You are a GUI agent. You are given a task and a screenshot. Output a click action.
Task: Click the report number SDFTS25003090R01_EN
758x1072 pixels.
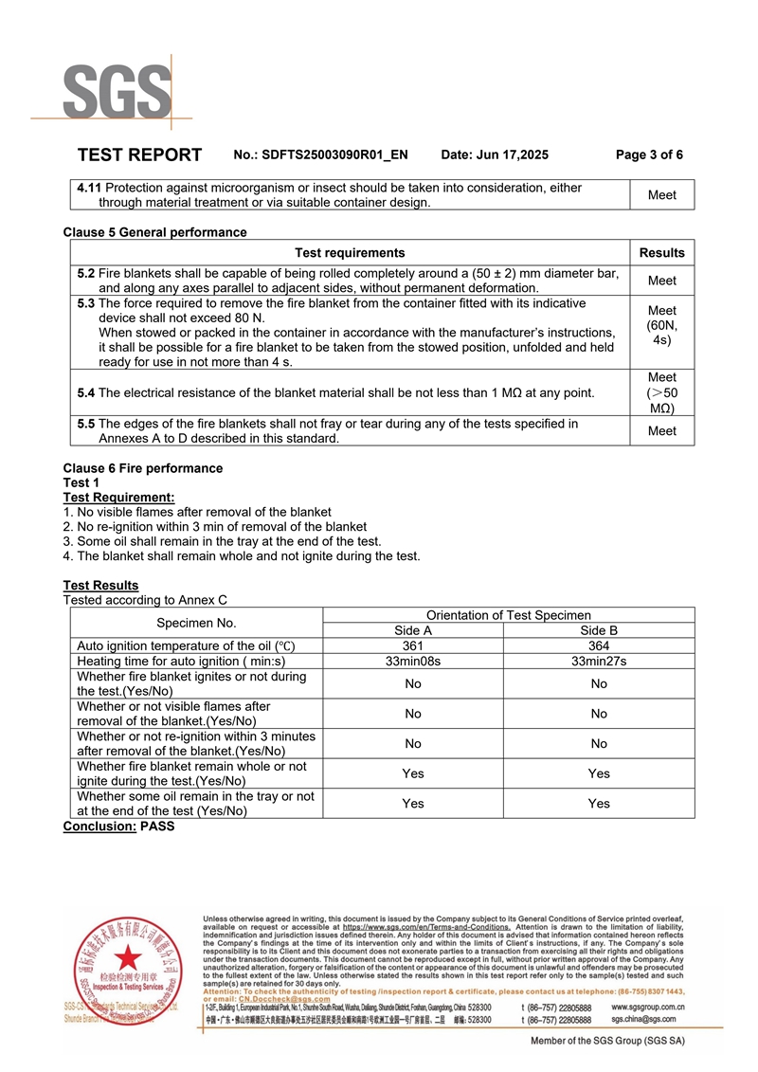[334, 155]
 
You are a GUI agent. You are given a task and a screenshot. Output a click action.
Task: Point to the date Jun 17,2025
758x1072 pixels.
[495, 155]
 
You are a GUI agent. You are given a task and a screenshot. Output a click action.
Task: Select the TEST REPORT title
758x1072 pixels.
[139, 155]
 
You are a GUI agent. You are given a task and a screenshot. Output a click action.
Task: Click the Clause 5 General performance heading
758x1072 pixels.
[154, 232]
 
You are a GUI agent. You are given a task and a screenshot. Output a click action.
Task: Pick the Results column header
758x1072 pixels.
[661, 252]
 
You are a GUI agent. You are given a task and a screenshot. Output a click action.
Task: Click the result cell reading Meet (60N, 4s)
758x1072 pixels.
[661, 324]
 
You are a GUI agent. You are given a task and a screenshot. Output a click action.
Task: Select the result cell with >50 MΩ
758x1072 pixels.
[661, 392]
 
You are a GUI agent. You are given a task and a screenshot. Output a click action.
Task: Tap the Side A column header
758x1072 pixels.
[413, 630]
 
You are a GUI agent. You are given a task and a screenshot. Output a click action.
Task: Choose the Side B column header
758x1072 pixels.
[599, 630]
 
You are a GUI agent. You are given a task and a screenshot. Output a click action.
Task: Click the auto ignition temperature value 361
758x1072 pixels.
[413, 645]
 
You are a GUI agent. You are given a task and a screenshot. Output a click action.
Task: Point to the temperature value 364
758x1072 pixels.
[599, 645]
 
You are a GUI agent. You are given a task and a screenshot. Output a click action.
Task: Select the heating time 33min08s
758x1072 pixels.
[413, 661]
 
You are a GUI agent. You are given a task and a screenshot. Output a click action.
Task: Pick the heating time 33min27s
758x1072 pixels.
[599, 661]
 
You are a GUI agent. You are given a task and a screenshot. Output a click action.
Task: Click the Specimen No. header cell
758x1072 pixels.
[197, 623]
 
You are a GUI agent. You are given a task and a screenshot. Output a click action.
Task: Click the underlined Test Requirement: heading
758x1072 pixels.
[118, 498]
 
